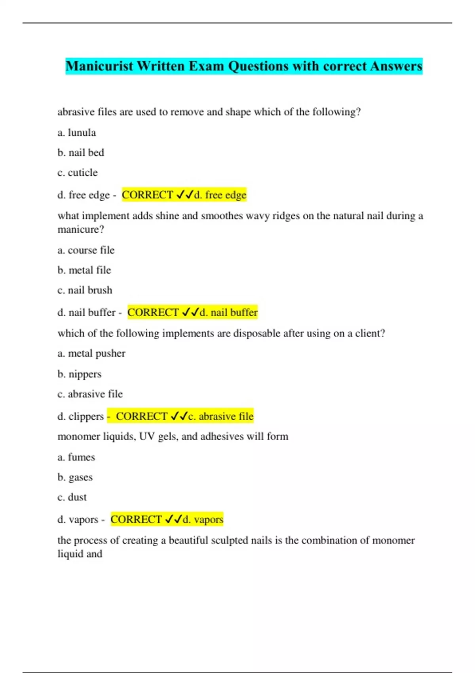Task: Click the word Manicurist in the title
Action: (99, 66)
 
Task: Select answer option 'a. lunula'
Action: (77, 133)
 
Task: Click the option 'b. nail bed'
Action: (81, 153)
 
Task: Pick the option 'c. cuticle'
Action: (78, 173)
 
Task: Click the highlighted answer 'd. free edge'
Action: (220, 195)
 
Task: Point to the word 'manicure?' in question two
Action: (81, 230)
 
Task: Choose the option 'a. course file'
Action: (86, 250)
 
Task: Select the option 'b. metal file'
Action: (84, 270)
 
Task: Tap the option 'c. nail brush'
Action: (85, 290)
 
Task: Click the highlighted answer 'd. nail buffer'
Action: (228, 312)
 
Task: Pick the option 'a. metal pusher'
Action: (91, 354)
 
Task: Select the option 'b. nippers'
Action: (80, 374)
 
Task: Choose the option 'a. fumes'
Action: (76, 457)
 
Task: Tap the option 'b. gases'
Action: (75, 477)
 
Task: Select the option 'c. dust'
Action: (72, 497)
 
